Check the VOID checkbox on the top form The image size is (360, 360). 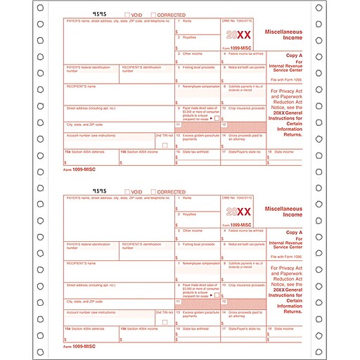pos(127,15)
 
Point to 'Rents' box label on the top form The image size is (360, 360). pos(186,22)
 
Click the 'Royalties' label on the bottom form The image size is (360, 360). pos(189,214)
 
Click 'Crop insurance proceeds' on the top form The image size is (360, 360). pos(245,108)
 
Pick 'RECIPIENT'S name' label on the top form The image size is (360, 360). pos(82,87)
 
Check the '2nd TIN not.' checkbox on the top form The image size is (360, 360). pos(165,145)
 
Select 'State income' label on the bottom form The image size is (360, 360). pos(285,328)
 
